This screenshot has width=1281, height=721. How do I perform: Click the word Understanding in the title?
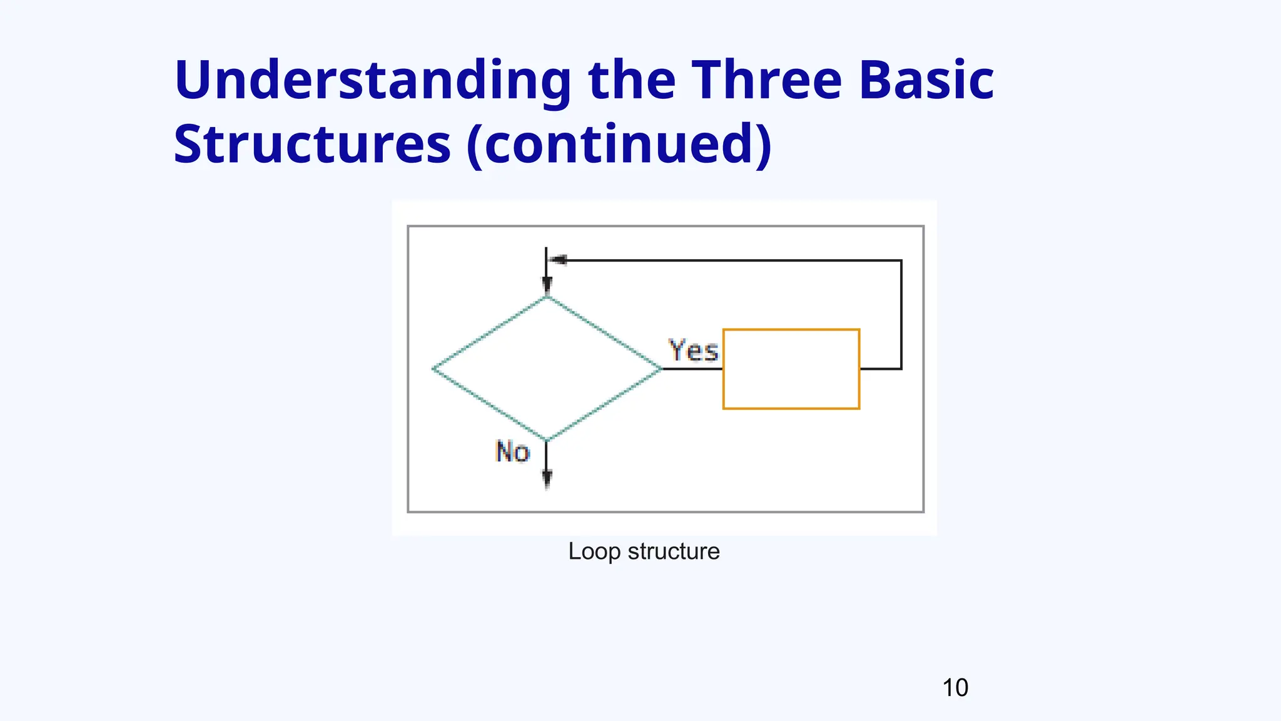tap(372, 81)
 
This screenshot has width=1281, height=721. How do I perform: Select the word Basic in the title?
tap(926, 81)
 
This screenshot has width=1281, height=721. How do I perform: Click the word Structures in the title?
tap(312, 145)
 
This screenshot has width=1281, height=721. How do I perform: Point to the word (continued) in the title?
tap(619, 145)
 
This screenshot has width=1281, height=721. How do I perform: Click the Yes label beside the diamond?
tap(693, 350)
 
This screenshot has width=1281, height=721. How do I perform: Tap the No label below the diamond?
tap(512, 452)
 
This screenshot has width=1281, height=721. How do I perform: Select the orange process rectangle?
tap(791, 369)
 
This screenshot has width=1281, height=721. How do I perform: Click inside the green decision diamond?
tap(547, 369)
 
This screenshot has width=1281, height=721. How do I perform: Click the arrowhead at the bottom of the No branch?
tap(547, 479)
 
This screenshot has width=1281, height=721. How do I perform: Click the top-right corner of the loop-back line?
tap(901, 260)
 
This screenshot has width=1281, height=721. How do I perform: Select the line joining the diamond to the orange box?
tap(692, 369)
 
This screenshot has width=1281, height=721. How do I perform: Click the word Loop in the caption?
tap(594, 552)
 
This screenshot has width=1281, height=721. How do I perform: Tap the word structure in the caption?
tap(674, 552)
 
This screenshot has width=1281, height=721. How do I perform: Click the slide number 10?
tap(954, 688)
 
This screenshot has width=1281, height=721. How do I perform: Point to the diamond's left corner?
tap(434, 369)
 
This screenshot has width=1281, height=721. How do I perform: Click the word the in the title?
tap(632, 81)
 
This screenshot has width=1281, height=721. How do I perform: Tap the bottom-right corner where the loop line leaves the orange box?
tap(901, 369)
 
